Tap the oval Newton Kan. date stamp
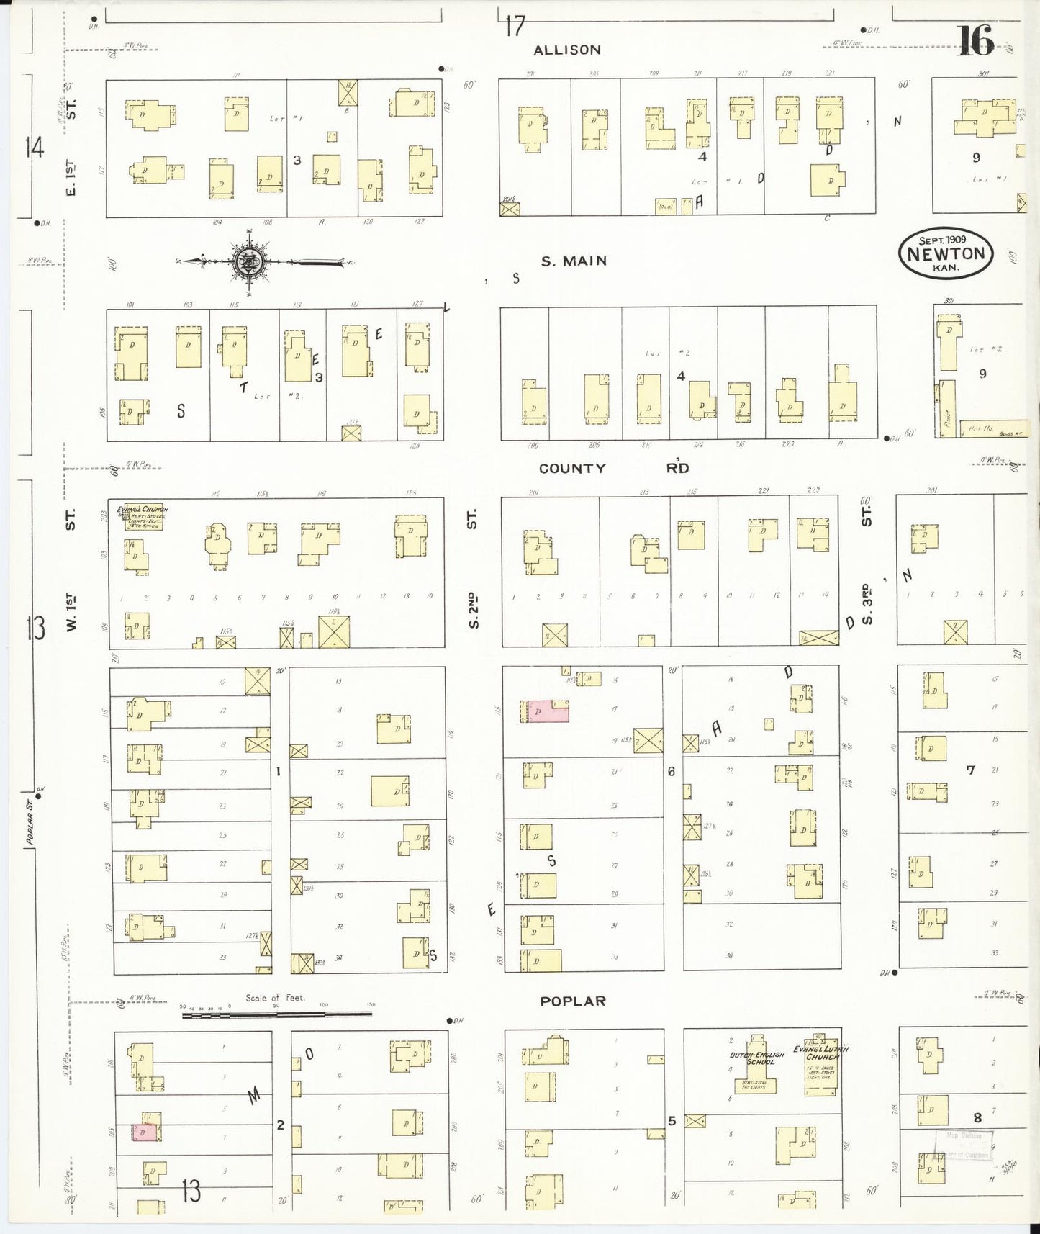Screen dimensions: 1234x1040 click(945, 253)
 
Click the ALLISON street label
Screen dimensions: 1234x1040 click(566, 50)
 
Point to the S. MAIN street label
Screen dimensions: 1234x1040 click(574, 261)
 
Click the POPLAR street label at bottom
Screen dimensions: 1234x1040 click(573, 1001)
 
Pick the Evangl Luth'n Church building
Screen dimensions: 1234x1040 click(819, 1065)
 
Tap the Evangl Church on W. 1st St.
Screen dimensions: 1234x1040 click(143, 517)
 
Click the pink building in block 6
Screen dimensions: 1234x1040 click(545, 711)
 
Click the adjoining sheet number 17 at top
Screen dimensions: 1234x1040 click(514, 27)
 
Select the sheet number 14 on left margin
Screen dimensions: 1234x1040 click(34, 148)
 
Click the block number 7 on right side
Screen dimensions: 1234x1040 click(969, 770)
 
